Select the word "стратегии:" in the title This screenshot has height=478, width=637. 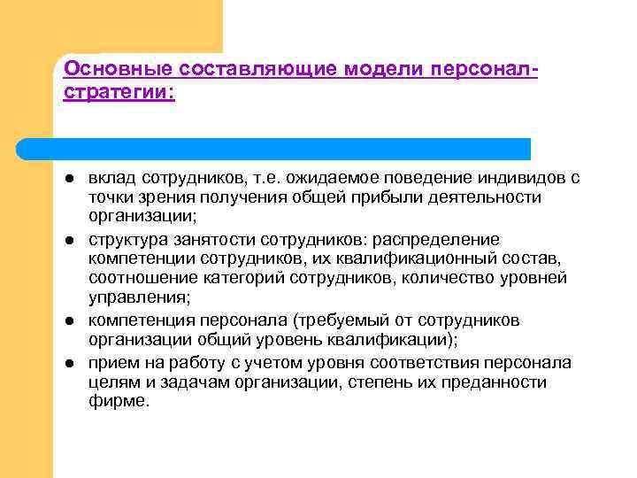(119, 91)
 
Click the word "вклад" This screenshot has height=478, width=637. (111, 178)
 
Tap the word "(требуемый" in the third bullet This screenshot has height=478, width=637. (349, 320)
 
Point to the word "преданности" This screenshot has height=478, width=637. (493, 382)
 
